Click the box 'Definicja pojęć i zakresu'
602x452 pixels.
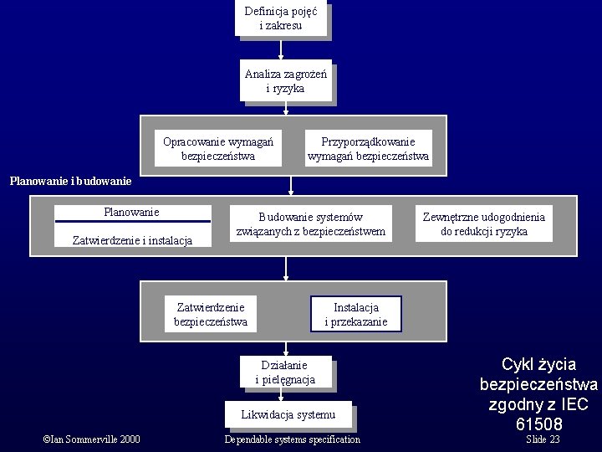280,19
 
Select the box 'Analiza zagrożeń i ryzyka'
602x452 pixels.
285,80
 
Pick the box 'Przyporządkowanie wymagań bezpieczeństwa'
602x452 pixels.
368,149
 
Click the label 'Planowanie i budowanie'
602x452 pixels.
70,180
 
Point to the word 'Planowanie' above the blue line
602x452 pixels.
131,212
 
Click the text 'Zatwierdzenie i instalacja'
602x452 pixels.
132,240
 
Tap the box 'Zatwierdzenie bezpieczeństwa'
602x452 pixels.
210,315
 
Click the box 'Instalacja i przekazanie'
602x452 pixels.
355,315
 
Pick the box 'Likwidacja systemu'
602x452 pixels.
288,414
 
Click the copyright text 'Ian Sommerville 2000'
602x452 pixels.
91,439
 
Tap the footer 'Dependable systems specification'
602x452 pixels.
292,439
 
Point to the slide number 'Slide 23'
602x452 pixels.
543,439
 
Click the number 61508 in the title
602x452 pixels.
538,424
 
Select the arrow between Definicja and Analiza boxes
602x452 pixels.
281,49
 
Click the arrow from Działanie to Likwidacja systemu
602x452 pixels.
286,396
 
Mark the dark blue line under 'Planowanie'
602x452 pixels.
132,221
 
